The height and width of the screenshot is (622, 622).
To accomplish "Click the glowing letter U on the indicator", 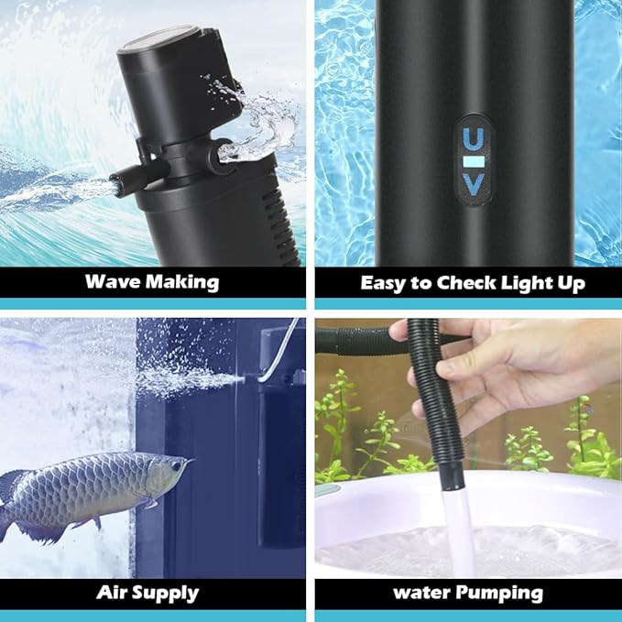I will coord(473,139).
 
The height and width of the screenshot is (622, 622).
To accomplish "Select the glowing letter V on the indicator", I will coord(473,185).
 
